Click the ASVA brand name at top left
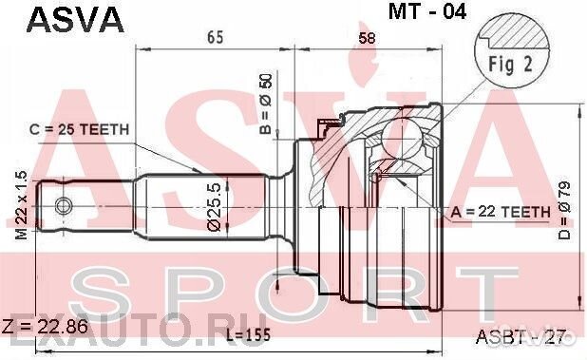(x=75, y=21)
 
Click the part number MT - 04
(x=427, y=11)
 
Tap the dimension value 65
(x=215, y=37)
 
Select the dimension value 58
(x=367, y=38)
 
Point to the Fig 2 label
(x=510, y=65)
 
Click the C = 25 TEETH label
(x=79, y=130)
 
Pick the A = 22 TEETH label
(x=501, y=212)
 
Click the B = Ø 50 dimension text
(x=266, y=104)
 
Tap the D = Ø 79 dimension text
(x=564, y=210)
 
